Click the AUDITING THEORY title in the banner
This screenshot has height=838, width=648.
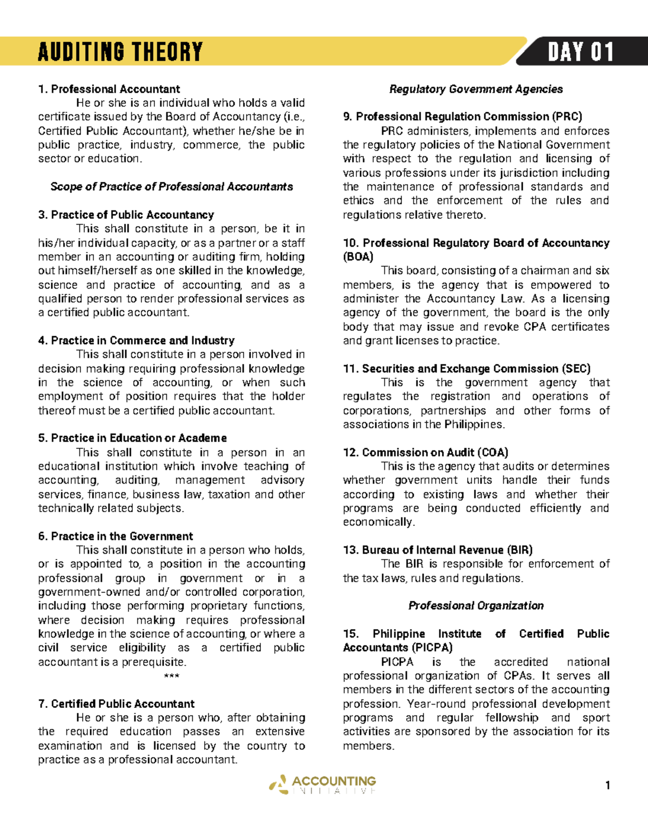120,52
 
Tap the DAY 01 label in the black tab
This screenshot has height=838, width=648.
580,52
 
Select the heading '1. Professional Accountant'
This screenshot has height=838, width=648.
109,89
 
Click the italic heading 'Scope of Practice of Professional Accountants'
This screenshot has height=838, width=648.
172,187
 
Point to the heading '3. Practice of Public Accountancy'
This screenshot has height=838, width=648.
126,215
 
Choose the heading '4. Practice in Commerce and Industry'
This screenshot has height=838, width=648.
136,340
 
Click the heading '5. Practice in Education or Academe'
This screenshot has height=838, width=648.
132,438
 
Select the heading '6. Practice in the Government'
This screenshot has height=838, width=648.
115,536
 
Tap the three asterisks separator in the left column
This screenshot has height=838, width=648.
171,676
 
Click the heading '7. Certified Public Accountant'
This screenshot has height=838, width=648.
116,704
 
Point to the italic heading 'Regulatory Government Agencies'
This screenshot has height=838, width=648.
476,89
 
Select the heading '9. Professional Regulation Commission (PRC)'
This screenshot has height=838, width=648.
462,117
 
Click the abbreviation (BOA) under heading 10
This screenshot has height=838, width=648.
358,257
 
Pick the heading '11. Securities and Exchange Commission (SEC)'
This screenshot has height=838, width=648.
467,369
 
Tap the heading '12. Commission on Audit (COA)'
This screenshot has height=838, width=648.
426,452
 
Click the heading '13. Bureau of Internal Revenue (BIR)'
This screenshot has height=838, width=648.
437,550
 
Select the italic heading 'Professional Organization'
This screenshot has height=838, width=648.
476,605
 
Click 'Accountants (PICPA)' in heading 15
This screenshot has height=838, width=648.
397,648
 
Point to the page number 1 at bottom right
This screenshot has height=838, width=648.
607,785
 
